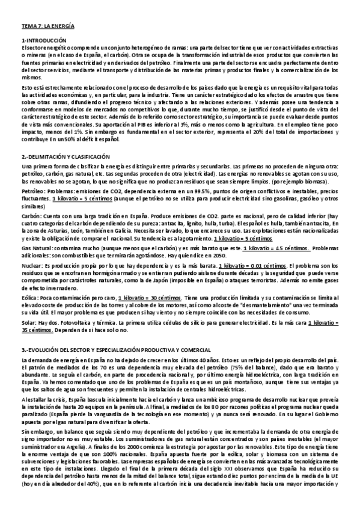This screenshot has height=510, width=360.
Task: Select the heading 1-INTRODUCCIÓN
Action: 43,40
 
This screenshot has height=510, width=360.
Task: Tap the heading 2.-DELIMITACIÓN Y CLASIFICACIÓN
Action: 72,157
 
